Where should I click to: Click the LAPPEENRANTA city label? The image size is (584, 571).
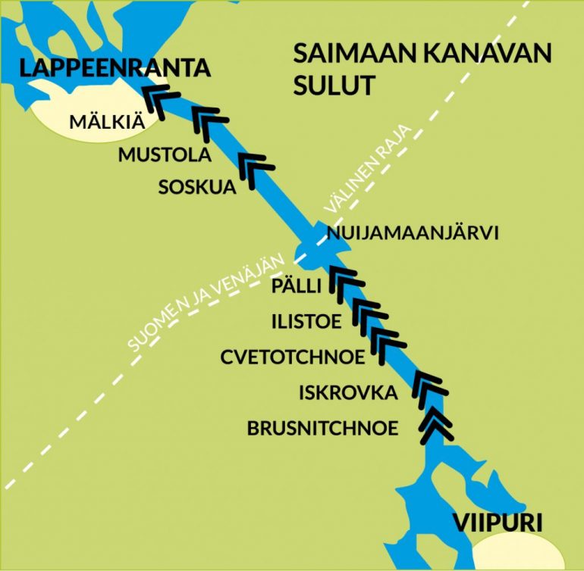(x=115, y=68)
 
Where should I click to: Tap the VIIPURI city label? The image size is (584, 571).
(x=498, y=523)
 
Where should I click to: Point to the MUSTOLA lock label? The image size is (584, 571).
(x=163, y=155)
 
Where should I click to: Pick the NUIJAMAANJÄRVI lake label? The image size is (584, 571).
(x=412, y=234)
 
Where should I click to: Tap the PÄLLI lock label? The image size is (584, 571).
(x=297, y=285)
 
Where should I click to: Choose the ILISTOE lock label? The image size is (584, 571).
(x=306, y=321)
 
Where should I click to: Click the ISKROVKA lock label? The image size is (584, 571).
(x=348, y=392)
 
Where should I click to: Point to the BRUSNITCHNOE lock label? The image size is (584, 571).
(x=322, y=428)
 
